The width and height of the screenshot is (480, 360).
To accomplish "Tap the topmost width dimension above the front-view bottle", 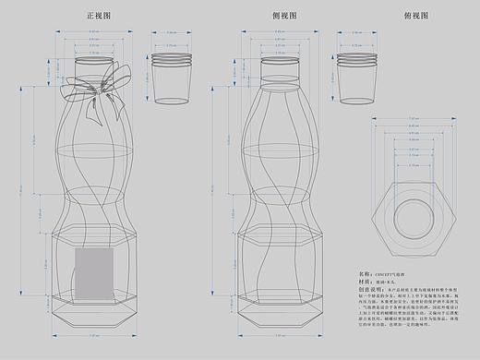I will point(94,30).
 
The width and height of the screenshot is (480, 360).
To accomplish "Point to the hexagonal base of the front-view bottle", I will point(94,308).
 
